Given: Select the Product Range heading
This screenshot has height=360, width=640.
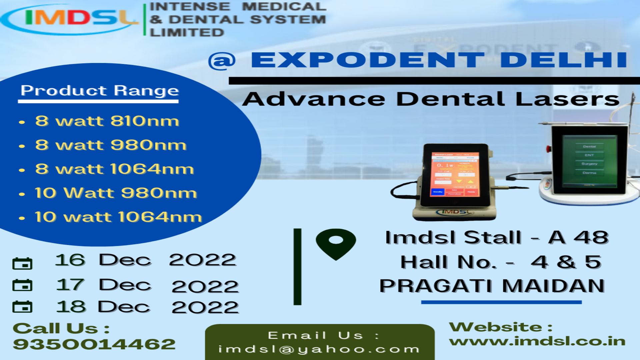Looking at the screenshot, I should tap(100, 91).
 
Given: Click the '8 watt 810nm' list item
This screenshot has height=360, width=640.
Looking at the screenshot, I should tap(107, 121).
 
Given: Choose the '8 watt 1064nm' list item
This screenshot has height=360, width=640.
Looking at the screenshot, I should tap(114, 169).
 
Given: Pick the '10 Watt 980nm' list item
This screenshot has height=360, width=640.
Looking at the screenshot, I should tap(116, 193).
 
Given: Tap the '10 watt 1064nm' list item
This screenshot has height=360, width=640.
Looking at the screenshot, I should tap(118, 217).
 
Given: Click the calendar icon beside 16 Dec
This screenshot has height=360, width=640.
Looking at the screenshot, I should tap(22, 264).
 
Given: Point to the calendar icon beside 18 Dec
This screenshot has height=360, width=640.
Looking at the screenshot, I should tap(22, 307).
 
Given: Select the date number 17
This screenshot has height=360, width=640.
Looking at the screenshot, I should tap(70, 285).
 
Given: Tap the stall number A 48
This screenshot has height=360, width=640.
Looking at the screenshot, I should tap(578, 238).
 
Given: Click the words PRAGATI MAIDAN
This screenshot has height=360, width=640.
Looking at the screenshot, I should tap(492, 286).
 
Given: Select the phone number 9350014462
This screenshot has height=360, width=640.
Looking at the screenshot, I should tap(94, 344).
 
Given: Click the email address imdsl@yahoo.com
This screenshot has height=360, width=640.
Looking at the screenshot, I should tap(319, 349).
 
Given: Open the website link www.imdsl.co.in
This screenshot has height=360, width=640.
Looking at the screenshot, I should tap(537, 341).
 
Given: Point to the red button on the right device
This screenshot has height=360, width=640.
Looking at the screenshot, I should tap(548, 148).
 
